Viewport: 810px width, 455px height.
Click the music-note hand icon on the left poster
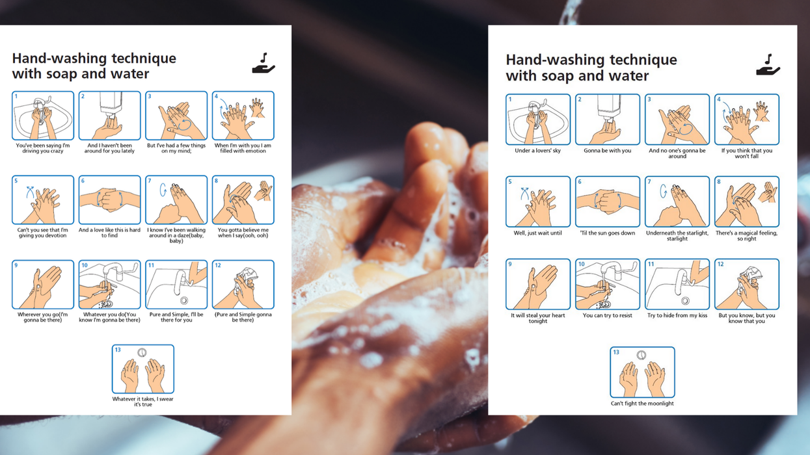[263, 63]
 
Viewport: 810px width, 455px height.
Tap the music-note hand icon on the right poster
[768, 65]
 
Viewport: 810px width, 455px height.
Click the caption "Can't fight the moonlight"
[642, 403]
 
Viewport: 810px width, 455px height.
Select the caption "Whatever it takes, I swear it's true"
[143, 402]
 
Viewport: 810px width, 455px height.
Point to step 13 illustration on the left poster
[143, 369]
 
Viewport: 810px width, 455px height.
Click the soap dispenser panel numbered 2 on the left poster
[109, 115]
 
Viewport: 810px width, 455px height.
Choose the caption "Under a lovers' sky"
[537, 150]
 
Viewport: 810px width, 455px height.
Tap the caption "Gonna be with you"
[608, 150]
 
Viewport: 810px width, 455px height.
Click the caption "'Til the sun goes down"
[608, 233]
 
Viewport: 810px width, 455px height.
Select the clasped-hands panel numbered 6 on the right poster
[608, 201]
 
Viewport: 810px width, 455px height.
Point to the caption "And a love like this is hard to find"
[109, 233]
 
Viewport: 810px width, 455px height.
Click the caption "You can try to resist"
[608, 315]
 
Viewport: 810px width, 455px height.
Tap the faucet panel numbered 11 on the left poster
[176, 285]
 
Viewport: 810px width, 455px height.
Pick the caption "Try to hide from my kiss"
[677, 315]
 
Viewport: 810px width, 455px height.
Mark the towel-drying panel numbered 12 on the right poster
[747, 284]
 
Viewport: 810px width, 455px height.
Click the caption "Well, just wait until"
[537, 233]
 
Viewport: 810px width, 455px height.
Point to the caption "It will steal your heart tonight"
[537, 318]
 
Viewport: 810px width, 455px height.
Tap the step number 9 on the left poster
[16, 265]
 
